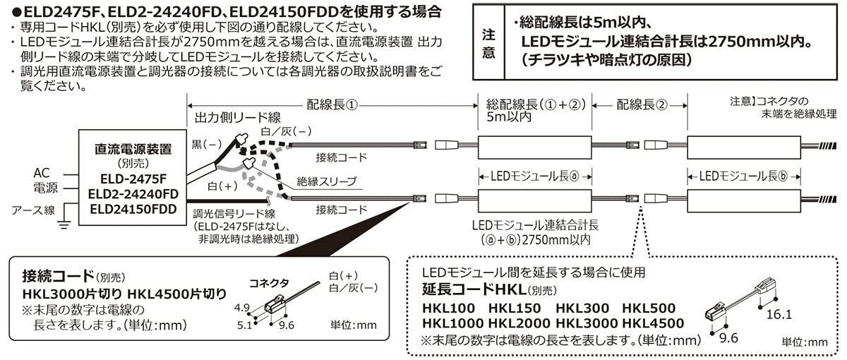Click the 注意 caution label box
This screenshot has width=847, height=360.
488,42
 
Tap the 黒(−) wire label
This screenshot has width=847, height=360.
205,143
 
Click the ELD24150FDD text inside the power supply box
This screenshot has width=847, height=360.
133,209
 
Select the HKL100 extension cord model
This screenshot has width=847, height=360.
447,308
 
